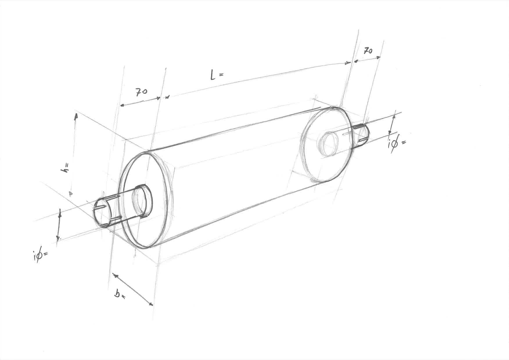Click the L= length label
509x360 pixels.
pos(217,75)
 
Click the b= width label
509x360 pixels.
pos(119,295)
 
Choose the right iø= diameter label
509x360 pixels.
pos(396,143)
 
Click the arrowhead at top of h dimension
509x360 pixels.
pos(76,116)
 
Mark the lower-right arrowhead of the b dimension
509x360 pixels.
pos(150,304)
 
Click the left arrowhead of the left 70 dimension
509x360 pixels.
pos(122,105)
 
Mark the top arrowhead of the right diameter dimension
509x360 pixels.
pos(394,117)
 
